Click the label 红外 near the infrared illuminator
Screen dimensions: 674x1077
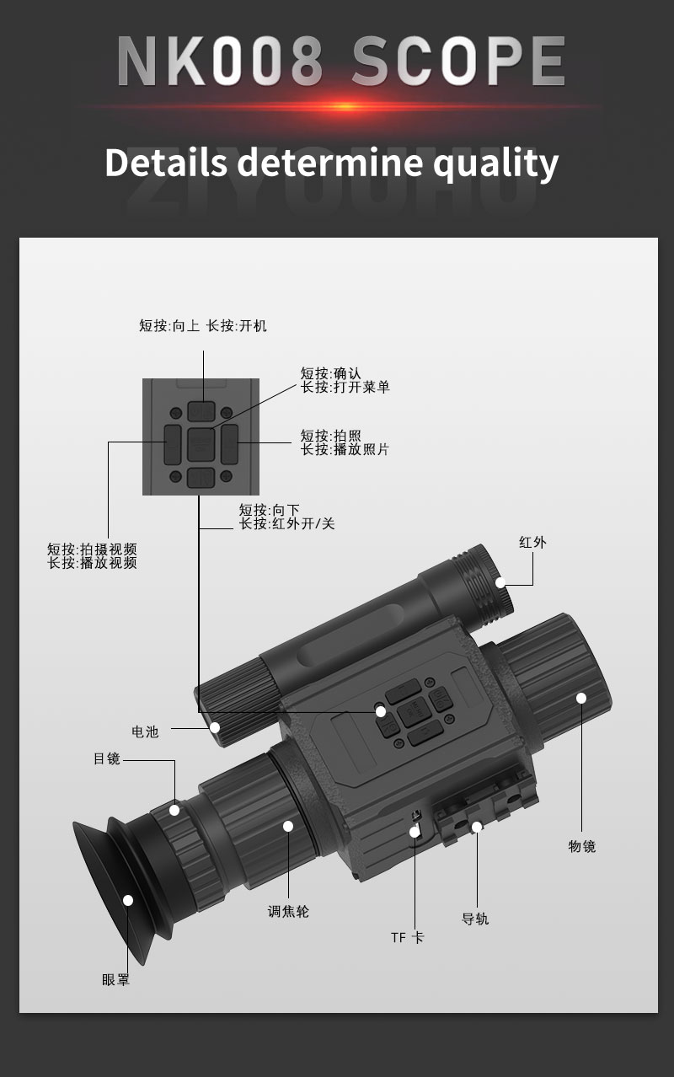(532, 543)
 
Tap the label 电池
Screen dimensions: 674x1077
(145, 731)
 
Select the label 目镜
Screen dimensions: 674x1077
(107, 758)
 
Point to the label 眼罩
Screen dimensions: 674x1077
(116, 979)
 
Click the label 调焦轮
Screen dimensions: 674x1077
(288, 911)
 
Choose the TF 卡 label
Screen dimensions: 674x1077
(407, 937)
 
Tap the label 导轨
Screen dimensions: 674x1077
(475, 919)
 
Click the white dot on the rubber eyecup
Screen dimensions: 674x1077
(128, 900)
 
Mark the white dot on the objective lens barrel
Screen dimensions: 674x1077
(581, 698)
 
